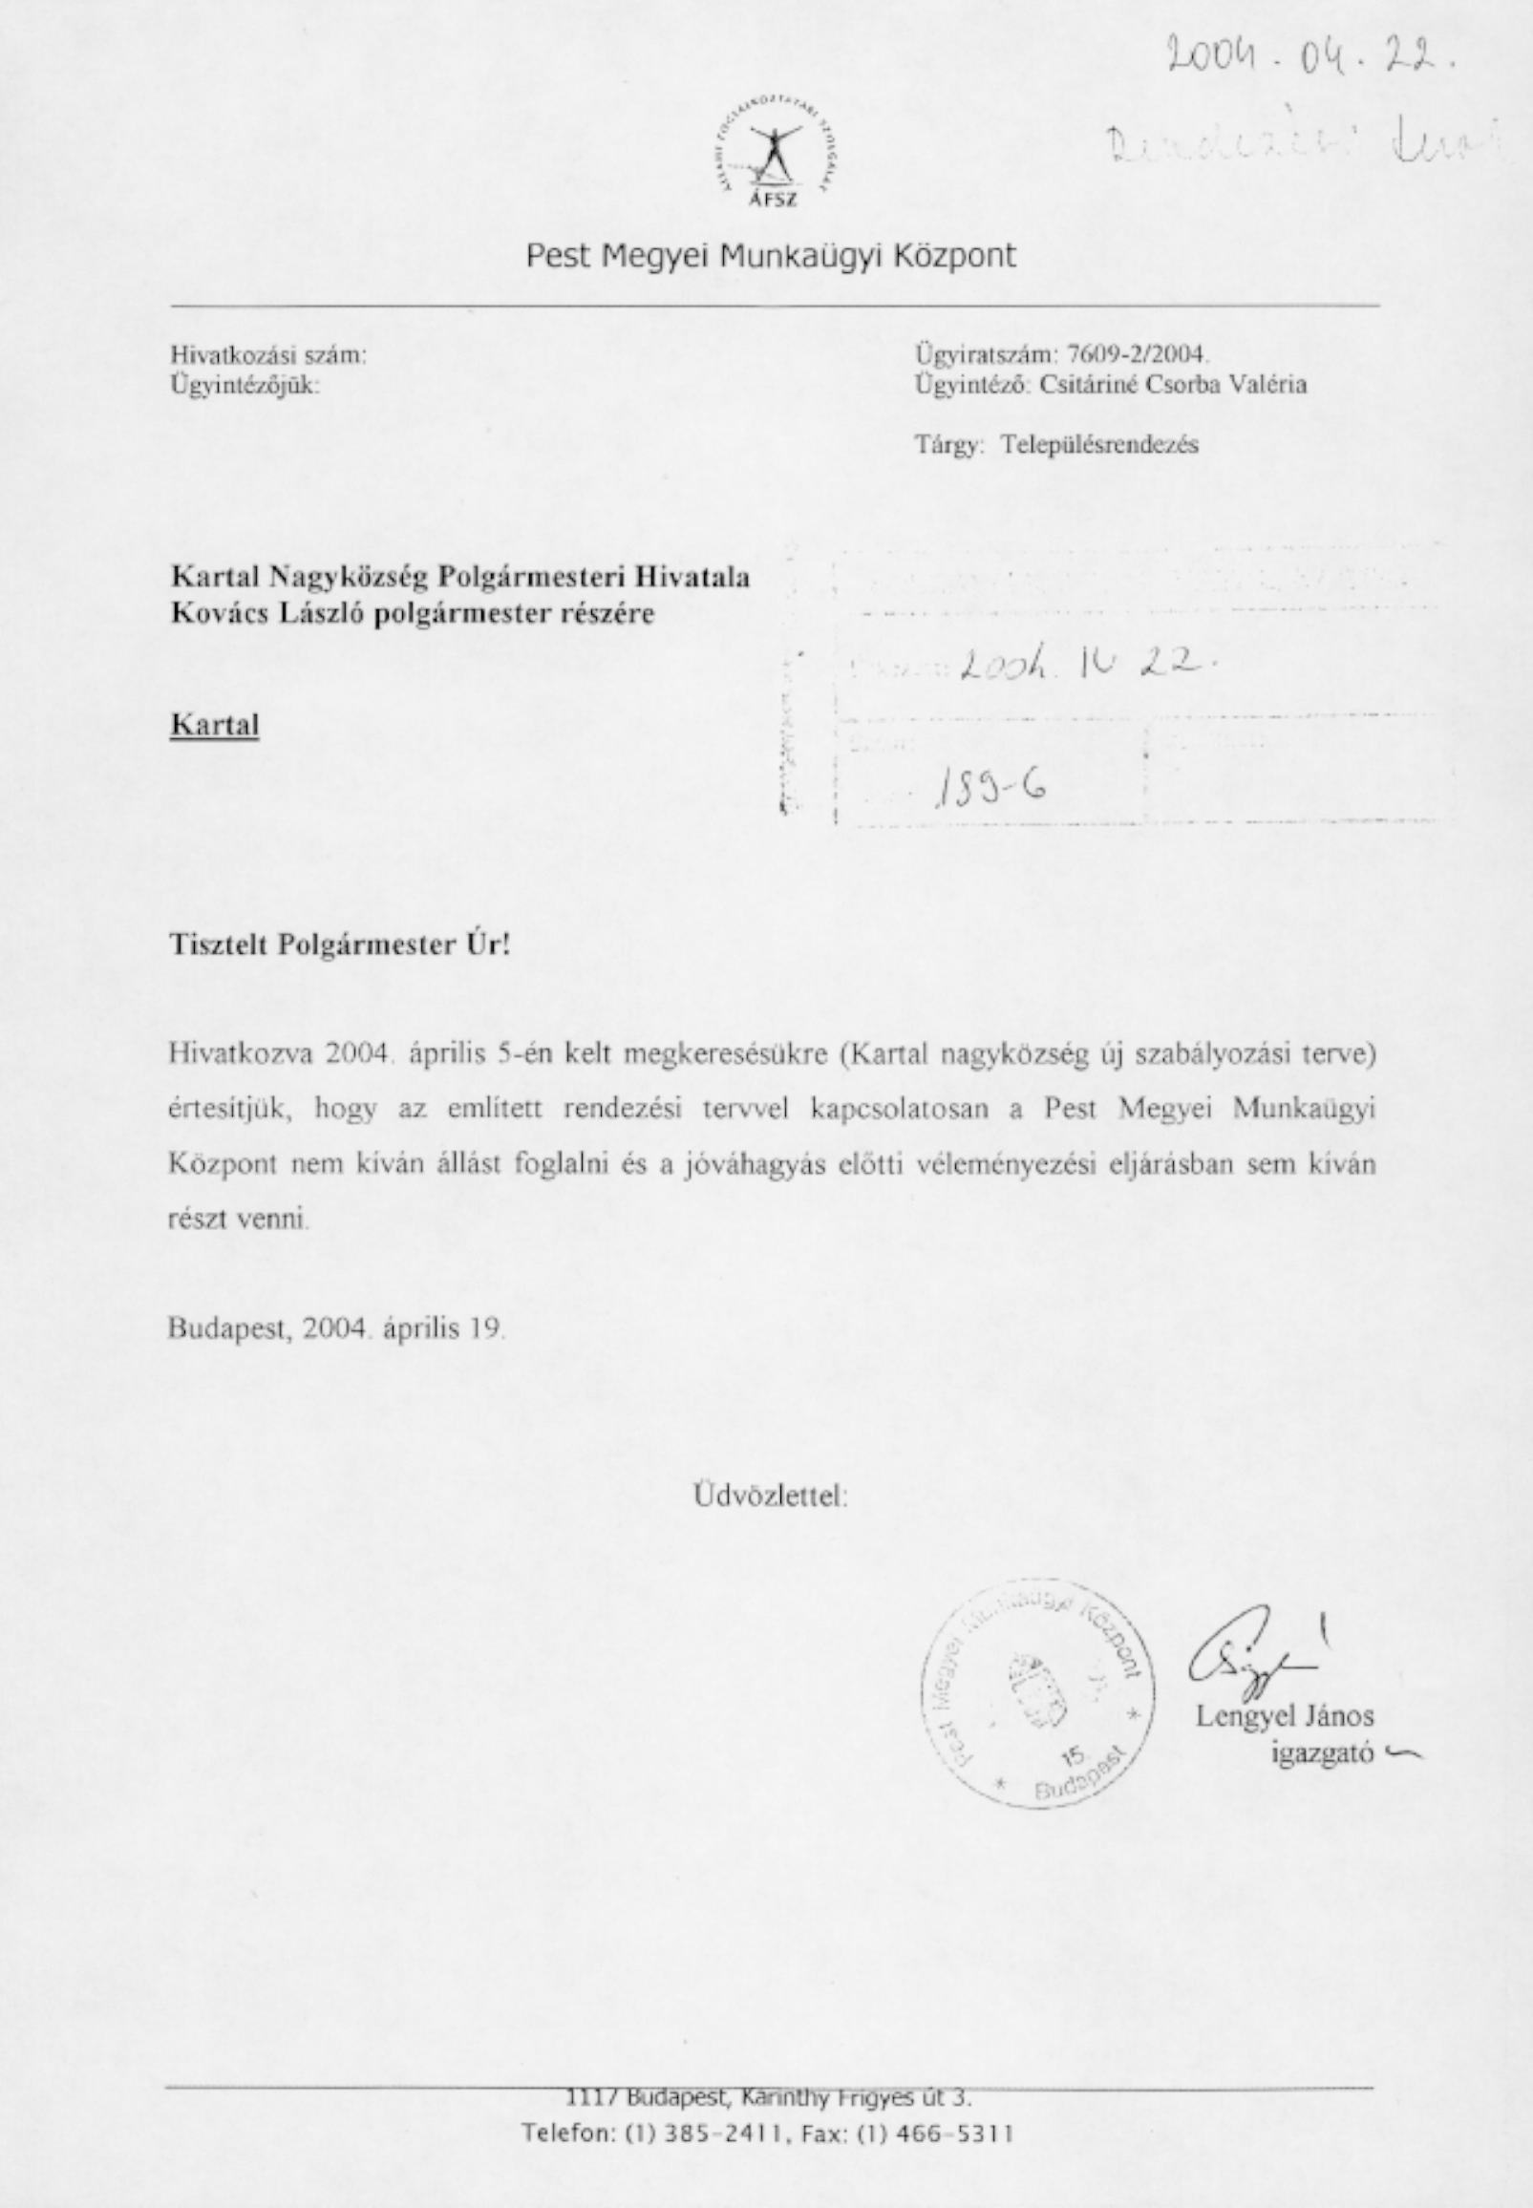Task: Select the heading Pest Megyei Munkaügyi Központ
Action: [x=770, y=257]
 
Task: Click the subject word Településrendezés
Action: [x=1098, y=445]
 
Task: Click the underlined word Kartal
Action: [x=214, y=725]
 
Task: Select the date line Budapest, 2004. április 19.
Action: [x=335, y=1329]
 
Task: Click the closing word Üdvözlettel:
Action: [x=770, y=1496]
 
